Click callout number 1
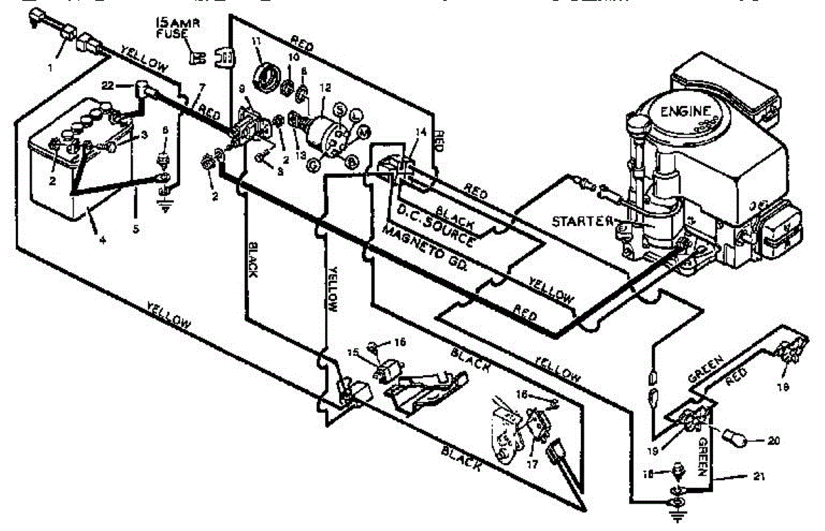click(x=49, y=68)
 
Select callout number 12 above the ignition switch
click(x=325, y=87)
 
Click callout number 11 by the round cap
click(x=256, y=43)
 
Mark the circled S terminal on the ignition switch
click(x=338, y=111)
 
